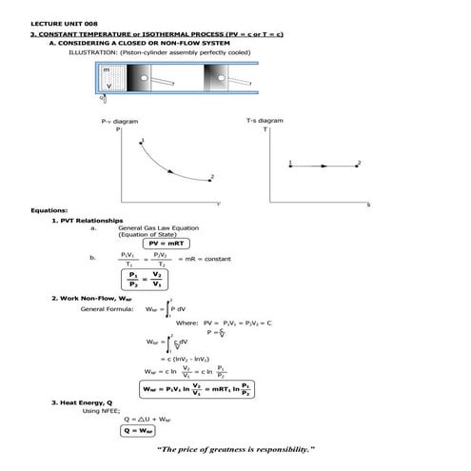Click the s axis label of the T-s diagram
click(x=367, y=205)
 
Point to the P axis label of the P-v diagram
click(x=118, y=129)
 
